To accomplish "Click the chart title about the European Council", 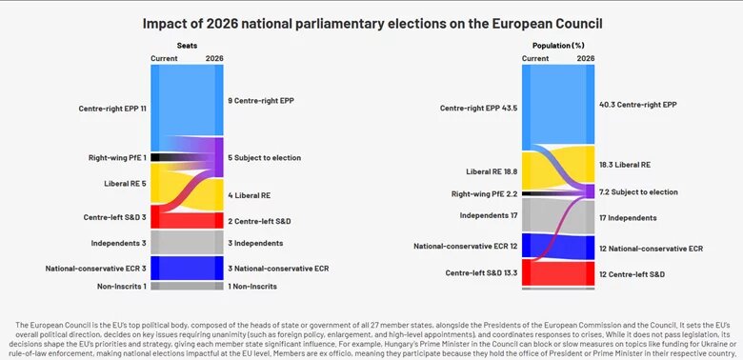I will point(371,21).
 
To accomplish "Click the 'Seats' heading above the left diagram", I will point(187,45).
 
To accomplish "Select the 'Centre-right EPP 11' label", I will point(112,109).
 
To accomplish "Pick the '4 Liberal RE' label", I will point(250,195).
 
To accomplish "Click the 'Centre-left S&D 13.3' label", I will point(480,273).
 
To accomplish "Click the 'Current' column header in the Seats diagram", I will point(164,58).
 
